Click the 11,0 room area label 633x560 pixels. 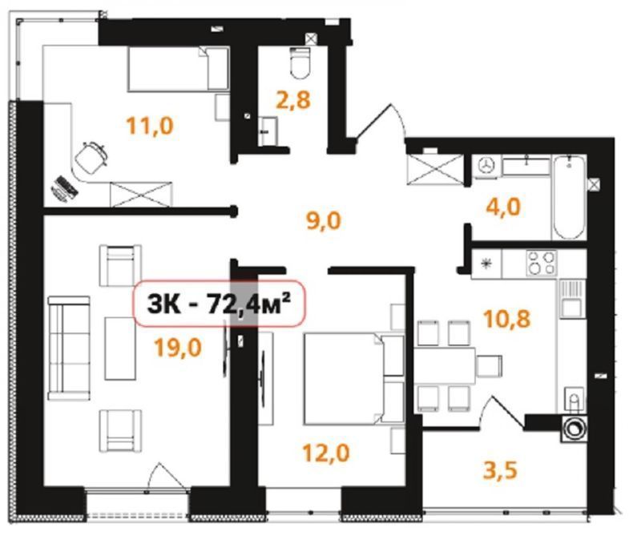[x=150, y=125]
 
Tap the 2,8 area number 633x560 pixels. [x=293, y=99]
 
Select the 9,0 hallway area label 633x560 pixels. [x=324, y=220]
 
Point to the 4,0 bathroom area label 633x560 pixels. [x=503, y=207]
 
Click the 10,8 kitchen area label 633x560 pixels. [x=507, y=319]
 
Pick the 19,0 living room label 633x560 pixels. [x=178, y=348]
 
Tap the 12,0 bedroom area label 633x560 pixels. [x=326, y=453]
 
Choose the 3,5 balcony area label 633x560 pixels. [x=500, y=470]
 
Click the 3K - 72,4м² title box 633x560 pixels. [x=220, y=303]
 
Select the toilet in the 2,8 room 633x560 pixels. [x=300, y=62]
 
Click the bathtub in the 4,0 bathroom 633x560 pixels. [x=569, y=197]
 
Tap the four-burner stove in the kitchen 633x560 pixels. [x=542, y=264]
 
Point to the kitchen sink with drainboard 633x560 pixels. [x=571, y=298]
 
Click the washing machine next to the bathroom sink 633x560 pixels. [x=487, y=166]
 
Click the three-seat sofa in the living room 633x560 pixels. [x=69, y=348]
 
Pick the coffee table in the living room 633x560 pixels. [x=120, y=348]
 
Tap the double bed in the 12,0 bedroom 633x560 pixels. [x=354, y=379]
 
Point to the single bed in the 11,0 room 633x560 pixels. [x=178, y=69]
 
